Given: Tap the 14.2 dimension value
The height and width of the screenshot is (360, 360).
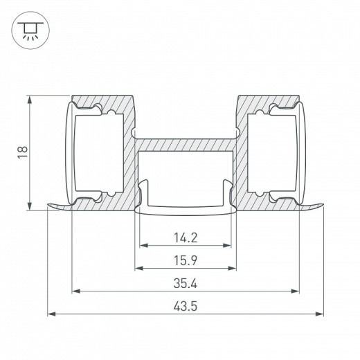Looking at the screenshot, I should [186, 237].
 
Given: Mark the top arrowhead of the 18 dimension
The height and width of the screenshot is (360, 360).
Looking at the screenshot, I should [30, 99].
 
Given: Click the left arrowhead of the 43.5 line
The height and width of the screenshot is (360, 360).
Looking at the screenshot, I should [51, 314].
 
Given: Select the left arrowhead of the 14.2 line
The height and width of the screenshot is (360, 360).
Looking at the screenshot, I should [143, 245].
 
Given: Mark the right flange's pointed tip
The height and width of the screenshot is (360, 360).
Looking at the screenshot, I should [323, 205].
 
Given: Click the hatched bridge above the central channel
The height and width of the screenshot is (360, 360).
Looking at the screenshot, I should [186, 145].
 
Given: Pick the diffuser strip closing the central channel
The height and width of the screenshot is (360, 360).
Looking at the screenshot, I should [186, 210].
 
